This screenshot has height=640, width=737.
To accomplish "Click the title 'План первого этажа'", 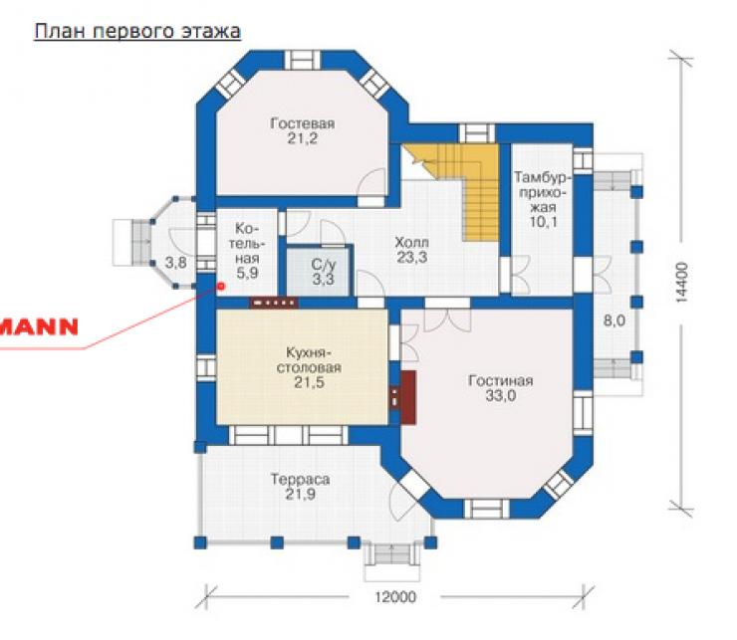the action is [x=137, y=32].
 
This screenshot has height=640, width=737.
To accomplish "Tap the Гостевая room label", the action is [x=302, y=123].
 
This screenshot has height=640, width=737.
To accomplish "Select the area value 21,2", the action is [x=302, y=138].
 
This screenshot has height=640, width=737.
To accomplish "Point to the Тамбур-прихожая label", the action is [x=543, y=200].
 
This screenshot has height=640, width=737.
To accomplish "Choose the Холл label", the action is [x=411, y=243].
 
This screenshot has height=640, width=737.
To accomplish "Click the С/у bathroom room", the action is [x=319, y=271].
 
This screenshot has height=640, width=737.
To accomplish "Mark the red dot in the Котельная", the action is [x=221, y=286].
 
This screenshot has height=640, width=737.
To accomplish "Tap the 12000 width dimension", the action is [x=395, y=597].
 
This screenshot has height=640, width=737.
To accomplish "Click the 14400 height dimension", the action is [x=681, y=282].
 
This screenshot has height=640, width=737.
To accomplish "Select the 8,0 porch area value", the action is [x=614, y=320].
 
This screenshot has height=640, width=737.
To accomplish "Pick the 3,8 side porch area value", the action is [x=176, y=262].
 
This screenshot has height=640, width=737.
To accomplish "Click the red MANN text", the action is [x=39, y=327].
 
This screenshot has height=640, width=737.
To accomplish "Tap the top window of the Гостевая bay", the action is [x=303, y=60].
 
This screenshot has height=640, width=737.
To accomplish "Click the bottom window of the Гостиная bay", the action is [x=486, y=509].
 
